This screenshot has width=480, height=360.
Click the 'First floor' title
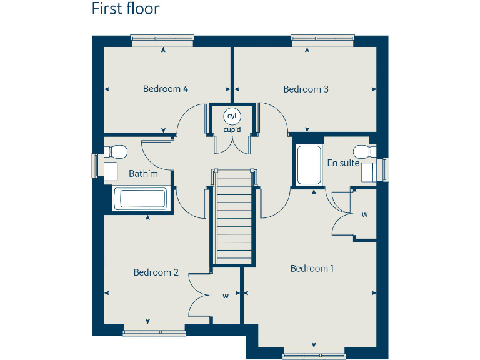126,9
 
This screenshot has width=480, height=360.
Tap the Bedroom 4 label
166,89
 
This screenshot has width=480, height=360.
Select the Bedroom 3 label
306,89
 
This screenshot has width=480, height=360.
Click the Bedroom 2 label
156,272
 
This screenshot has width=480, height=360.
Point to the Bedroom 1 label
312,269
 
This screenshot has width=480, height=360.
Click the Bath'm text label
143,174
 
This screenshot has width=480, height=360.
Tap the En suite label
343,163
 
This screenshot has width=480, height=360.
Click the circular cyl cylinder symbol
232,116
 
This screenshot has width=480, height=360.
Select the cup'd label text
232,130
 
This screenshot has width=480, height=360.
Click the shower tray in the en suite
308,165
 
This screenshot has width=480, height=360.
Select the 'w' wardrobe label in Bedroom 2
225,296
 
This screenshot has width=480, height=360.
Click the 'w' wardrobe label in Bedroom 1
364,214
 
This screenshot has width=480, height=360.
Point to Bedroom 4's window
162,40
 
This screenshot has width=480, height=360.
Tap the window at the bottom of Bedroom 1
312,351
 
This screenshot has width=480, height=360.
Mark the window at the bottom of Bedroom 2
154,329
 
